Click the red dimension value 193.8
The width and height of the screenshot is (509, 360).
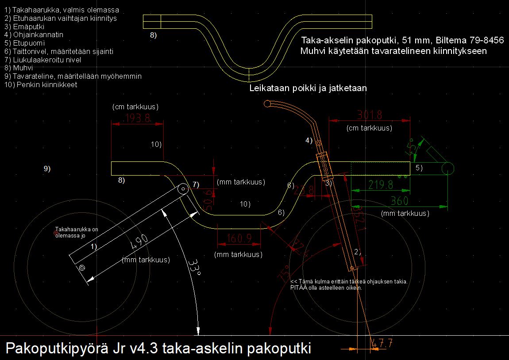click(x=138, y=118)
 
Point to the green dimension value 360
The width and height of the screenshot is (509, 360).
click(x=400, y=201)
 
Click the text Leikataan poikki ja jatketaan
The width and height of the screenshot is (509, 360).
click(x=308, y=88)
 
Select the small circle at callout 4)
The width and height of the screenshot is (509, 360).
click(x=318, y=142)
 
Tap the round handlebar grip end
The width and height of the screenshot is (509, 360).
click(x=267, y=104)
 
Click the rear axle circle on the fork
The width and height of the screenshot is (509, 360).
click(x=81, y=268)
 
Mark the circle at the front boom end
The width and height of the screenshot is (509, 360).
click(x=447, y=169)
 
